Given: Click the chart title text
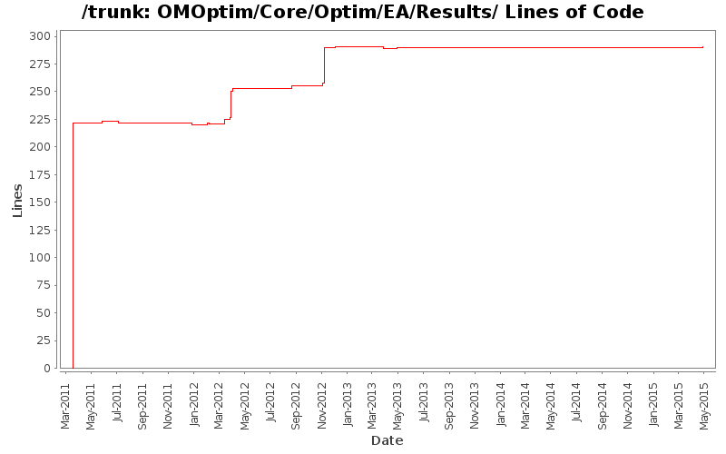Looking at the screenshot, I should [x=362, y=13].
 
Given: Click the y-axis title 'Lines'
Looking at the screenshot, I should [x=17, y=200].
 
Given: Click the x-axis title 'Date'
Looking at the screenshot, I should [x=387, y=440].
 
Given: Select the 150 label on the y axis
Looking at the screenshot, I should [x=40, y=202].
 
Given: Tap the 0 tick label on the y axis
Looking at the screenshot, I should [x=47, y=369].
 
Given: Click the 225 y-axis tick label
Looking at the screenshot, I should [x=40, y=119].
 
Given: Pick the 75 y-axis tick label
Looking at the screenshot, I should [x=44, y=285].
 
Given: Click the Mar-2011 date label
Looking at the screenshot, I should [x=65, y=405].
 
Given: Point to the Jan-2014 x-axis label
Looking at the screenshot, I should [x=501, y=405].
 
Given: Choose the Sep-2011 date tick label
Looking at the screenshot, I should [x=142, y=405].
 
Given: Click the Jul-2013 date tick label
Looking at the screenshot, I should [x=424, y=405].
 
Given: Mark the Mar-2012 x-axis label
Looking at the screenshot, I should [x=219, y=405].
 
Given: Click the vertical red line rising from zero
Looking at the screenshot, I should [x=73, y=245].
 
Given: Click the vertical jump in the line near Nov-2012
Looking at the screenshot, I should [x=324, y=65].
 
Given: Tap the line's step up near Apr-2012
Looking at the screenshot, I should [x=231, y=104].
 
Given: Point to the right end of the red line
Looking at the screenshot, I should [x=703, y=47].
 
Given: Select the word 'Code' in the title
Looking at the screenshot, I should [x=619, y=13].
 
